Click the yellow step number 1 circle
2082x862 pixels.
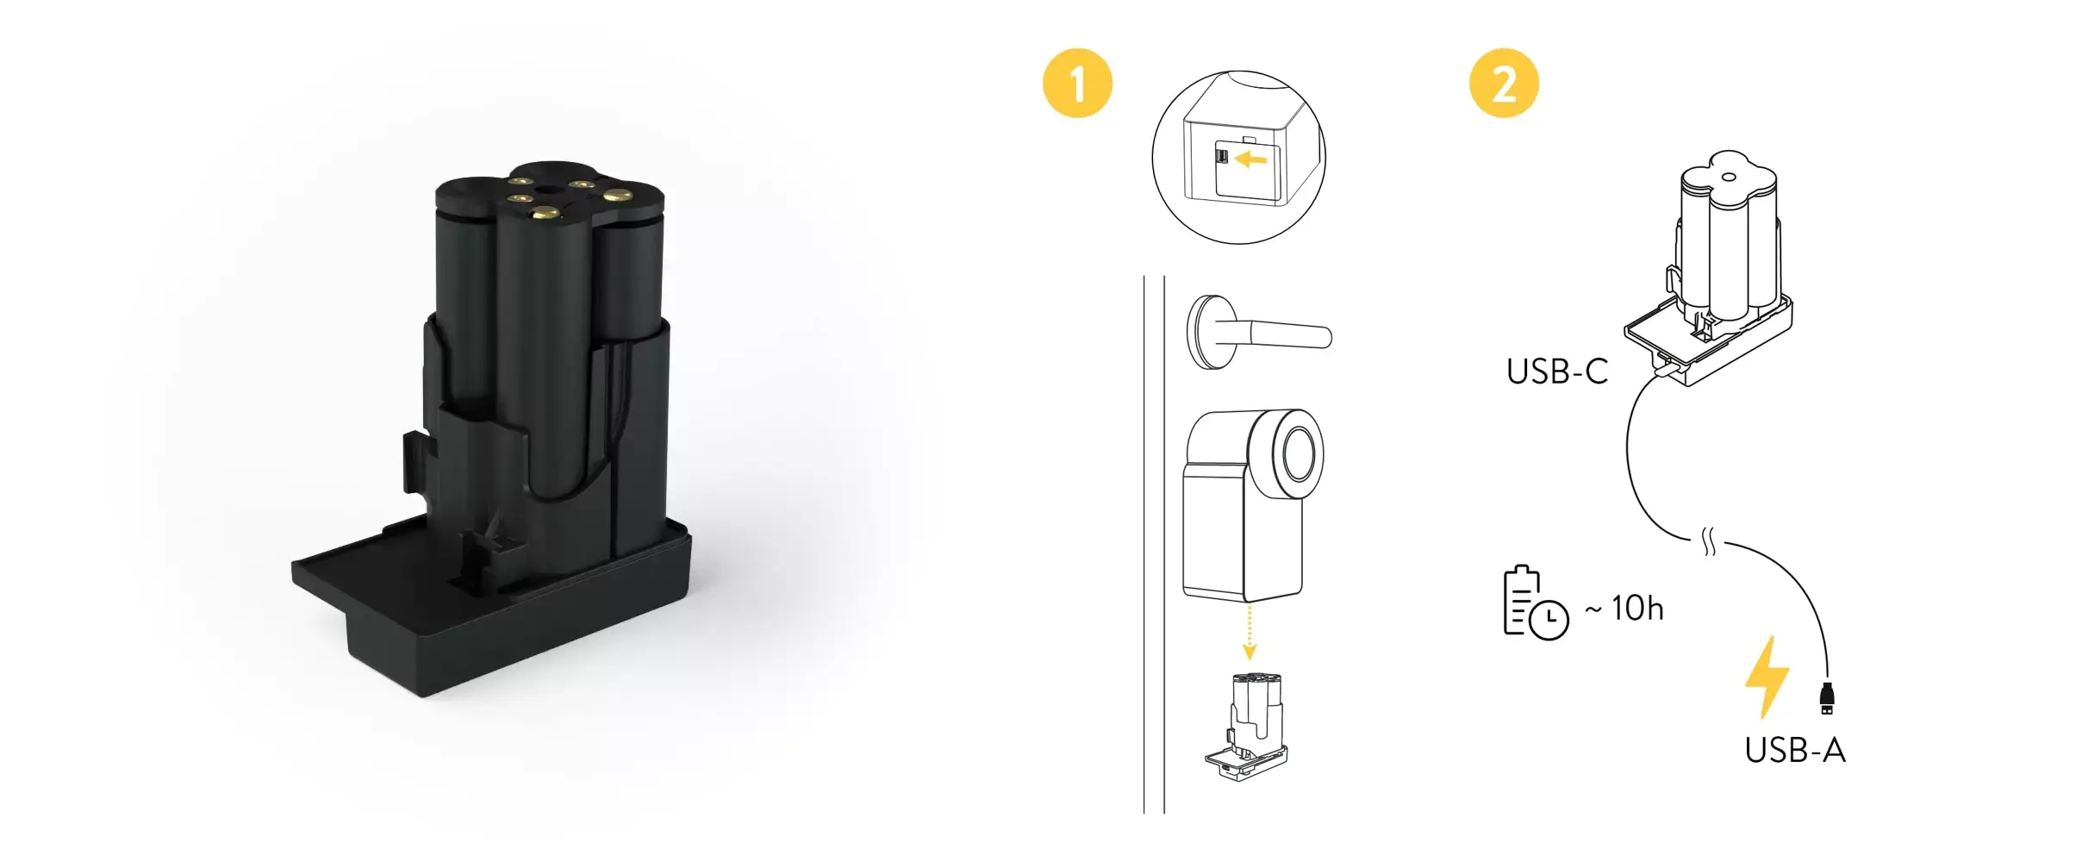coord(1077,84)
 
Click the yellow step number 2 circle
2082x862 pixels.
coord(1504,84)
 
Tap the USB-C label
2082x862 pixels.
coord(1557,372)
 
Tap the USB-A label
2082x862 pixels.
coord(1795,751)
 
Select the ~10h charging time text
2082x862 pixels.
coord(1624,609)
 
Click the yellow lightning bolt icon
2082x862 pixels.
coord(1767,678)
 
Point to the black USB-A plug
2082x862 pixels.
coord(1826,698)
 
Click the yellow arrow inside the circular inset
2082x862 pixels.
coord(1250,159)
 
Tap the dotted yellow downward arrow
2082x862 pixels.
coord(1250,633)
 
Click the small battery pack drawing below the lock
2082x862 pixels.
coord(1246,727)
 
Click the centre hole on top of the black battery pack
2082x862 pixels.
coord(548,186)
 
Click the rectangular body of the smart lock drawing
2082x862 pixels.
coord(1241,530)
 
